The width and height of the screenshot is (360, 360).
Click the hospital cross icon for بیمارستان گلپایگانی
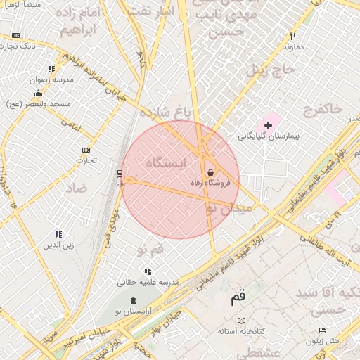[x=269, y=124]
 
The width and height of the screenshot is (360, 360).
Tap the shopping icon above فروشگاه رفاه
[x=210, y=172]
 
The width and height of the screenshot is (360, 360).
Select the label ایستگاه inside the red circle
[x=167, y=163]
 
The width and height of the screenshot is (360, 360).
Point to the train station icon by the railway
[x=120, y=172]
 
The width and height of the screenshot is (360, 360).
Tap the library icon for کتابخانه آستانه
[x=242, y=320]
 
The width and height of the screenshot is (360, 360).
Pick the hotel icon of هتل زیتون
[x=322, y=330]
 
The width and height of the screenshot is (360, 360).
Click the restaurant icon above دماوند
[x=292, y=36]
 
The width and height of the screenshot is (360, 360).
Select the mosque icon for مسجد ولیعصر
[x=38, y=93]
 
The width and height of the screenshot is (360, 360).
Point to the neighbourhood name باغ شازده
[x=165, y=112]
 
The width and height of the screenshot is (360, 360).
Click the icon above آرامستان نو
[x=133, y=300]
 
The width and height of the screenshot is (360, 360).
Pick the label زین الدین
[x=59, y=245]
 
